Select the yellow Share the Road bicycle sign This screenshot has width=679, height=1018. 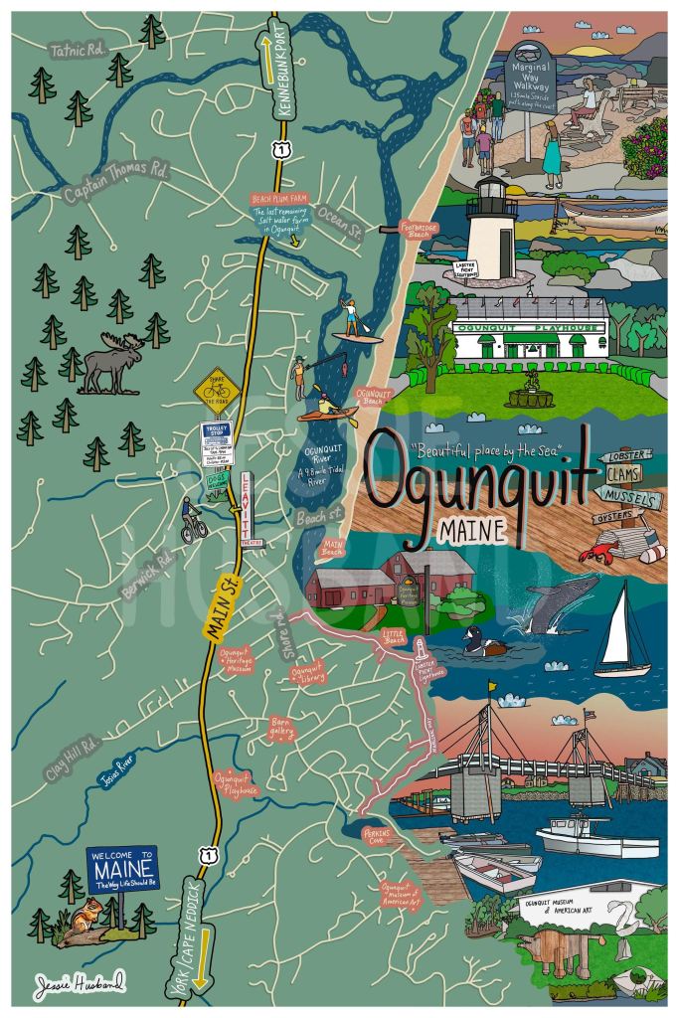click(x=217, y=391)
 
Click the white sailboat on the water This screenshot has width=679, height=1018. click(x=622, y=631)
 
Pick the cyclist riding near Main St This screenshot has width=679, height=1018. click(x=192, y=519)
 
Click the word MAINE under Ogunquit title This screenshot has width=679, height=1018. click(x=470, y=530)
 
